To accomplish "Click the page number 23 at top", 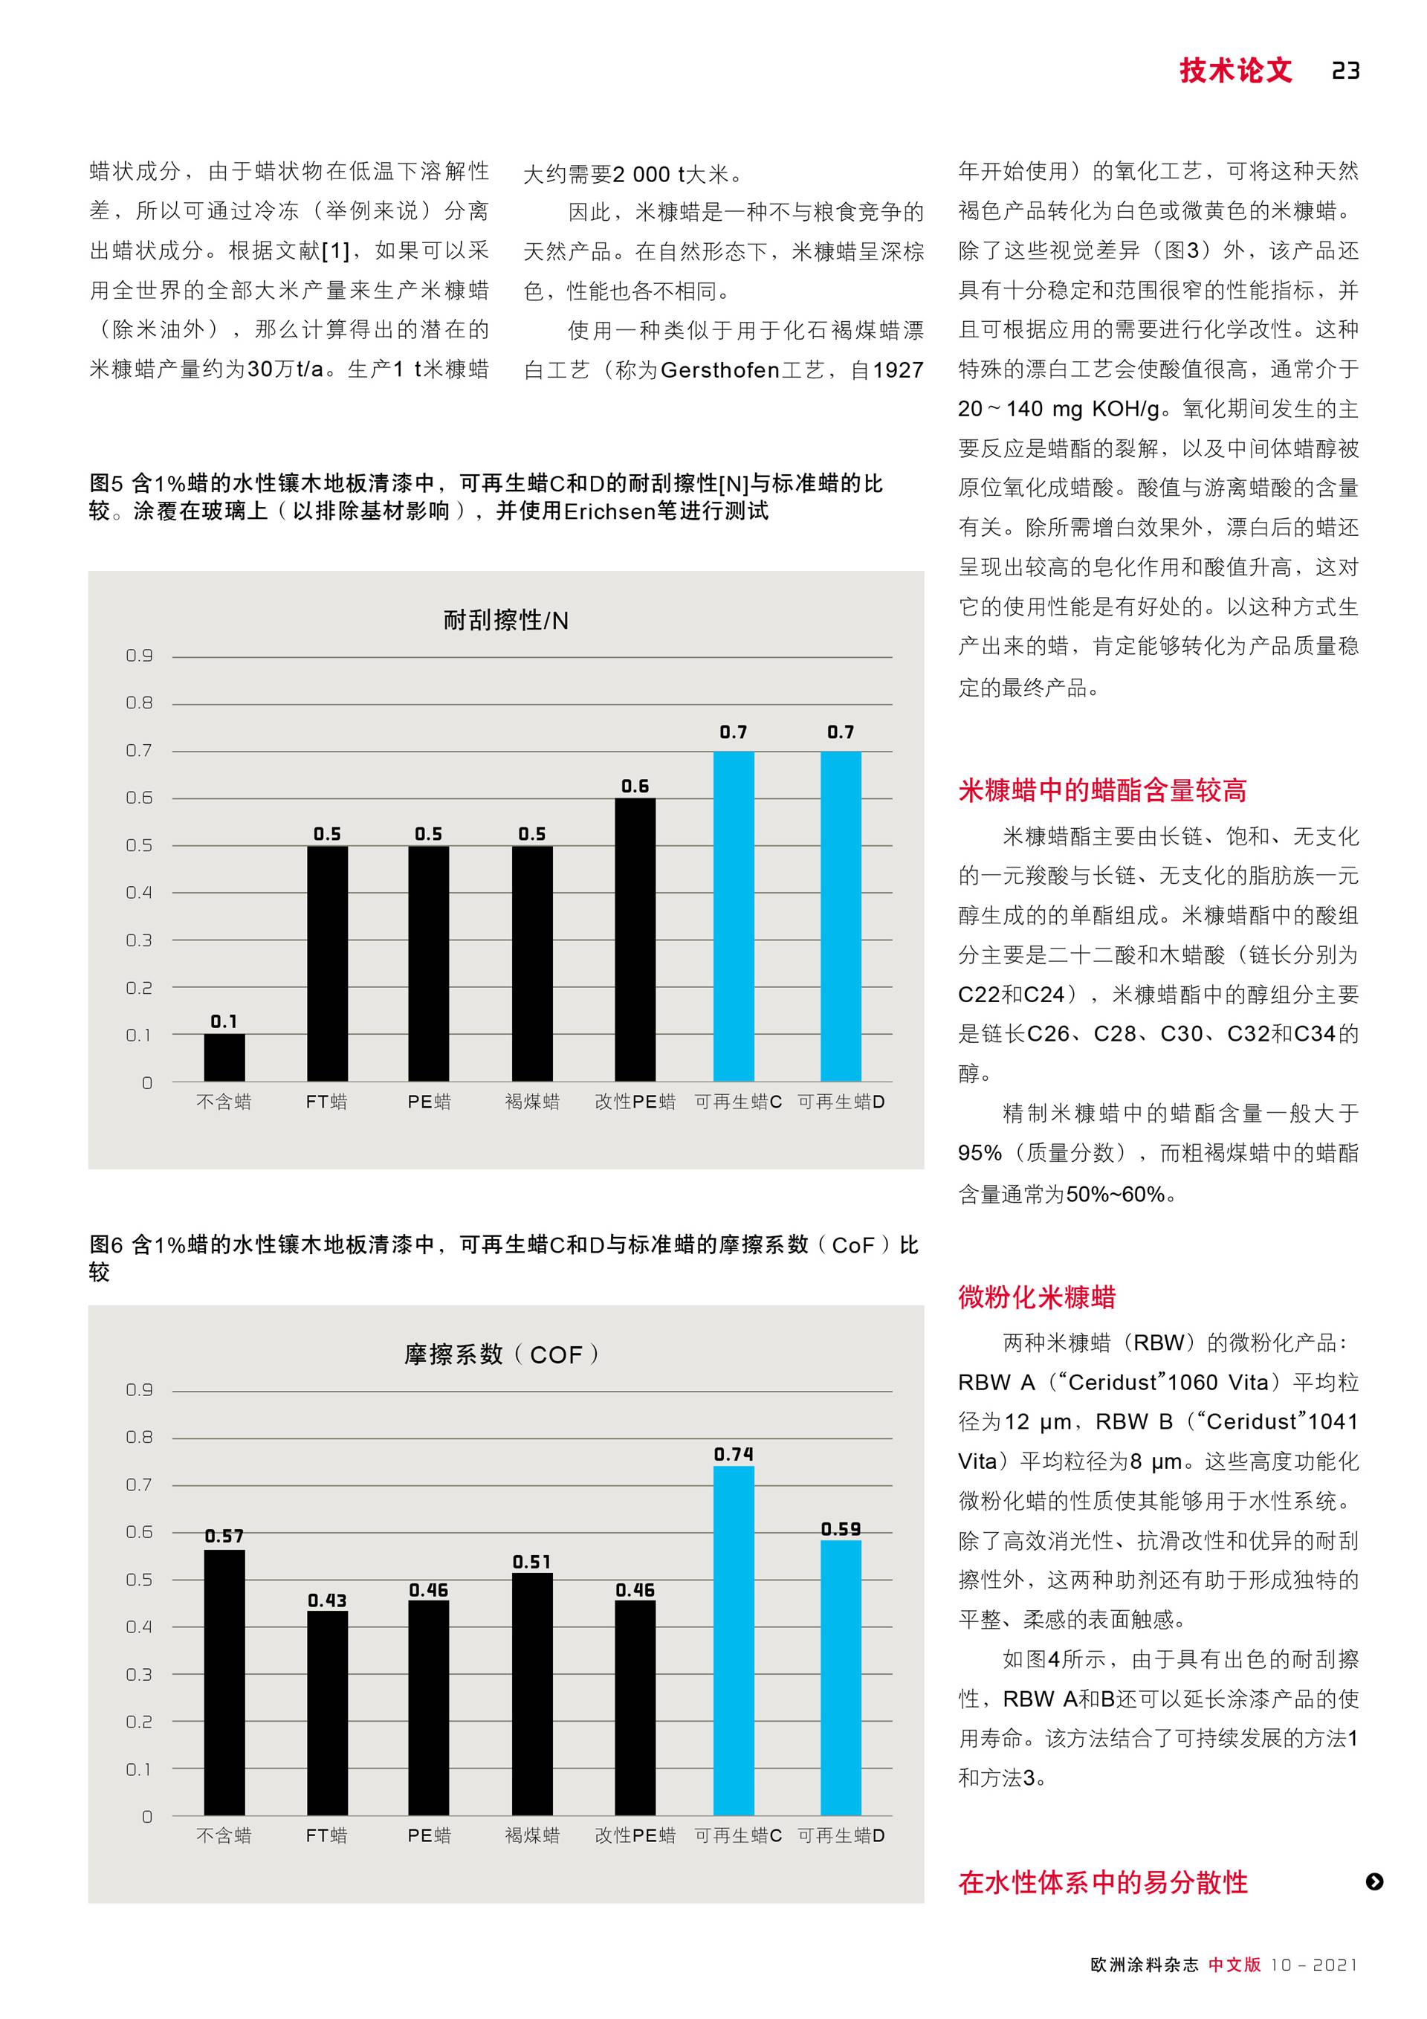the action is [x=1345, y=71].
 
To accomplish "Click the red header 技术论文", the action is [x=1235, y=71].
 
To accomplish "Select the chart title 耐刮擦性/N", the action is [x=505, y=621].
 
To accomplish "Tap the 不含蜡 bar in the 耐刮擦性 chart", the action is [x=224, y=1058].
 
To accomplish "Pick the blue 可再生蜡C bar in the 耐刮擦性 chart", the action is [x=734, y=917].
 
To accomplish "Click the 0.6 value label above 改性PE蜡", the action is [x=635, y=786].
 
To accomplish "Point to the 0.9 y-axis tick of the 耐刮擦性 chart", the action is [x=139, y=656].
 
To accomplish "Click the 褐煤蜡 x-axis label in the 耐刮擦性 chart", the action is [x=532, y=1102].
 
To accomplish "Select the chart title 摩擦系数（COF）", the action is [x=502, y=1354].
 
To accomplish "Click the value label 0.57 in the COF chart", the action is [x=224, y=1537].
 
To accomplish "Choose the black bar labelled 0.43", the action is [x=327, y=1714].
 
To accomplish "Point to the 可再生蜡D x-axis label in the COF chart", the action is [x=841, y=1836].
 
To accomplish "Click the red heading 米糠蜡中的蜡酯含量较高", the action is [x=1102, y=790].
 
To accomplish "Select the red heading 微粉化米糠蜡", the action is [x=1037, y=1297].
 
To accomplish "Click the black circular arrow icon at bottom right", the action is [x=1374, y=1881].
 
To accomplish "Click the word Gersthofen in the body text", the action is [x=720, y=370].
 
